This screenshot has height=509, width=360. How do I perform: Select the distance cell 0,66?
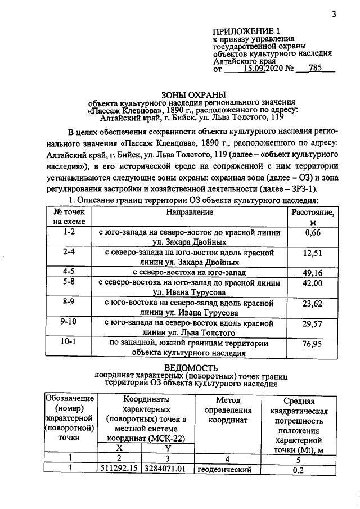[312, 233]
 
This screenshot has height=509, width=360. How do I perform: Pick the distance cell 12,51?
[312, 254]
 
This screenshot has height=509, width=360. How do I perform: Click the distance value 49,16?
[312, 272]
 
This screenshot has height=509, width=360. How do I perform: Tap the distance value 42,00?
[312, 283]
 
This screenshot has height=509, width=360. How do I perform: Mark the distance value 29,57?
[312, 325]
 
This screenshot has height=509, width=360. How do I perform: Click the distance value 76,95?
[312, 345]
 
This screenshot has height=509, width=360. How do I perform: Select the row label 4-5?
[69, 272]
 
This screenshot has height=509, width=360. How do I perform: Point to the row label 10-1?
[69, 342]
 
